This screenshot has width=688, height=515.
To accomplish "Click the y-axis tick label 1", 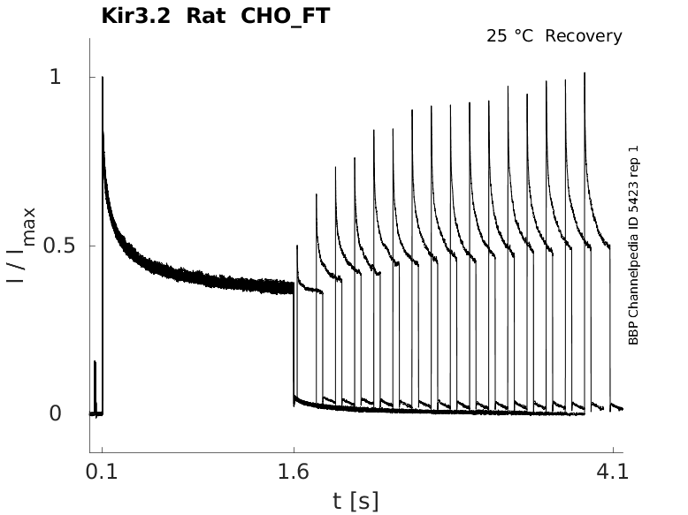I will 55,78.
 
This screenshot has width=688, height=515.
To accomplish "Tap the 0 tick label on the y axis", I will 55,413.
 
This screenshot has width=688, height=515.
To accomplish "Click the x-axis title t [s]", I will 355,501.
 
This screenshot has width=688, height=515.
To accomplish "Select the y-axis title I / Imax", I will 23,245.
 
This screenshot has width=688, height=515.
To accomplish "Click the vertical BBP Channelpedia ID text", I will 633,252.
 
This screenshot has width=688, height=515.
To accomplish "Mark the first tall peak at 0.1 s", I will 103,79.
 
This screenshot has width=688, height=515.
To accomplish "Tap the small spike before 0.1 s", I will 95,362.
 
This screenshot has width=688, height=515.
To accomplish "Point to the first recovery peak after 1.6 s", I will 297,246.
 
